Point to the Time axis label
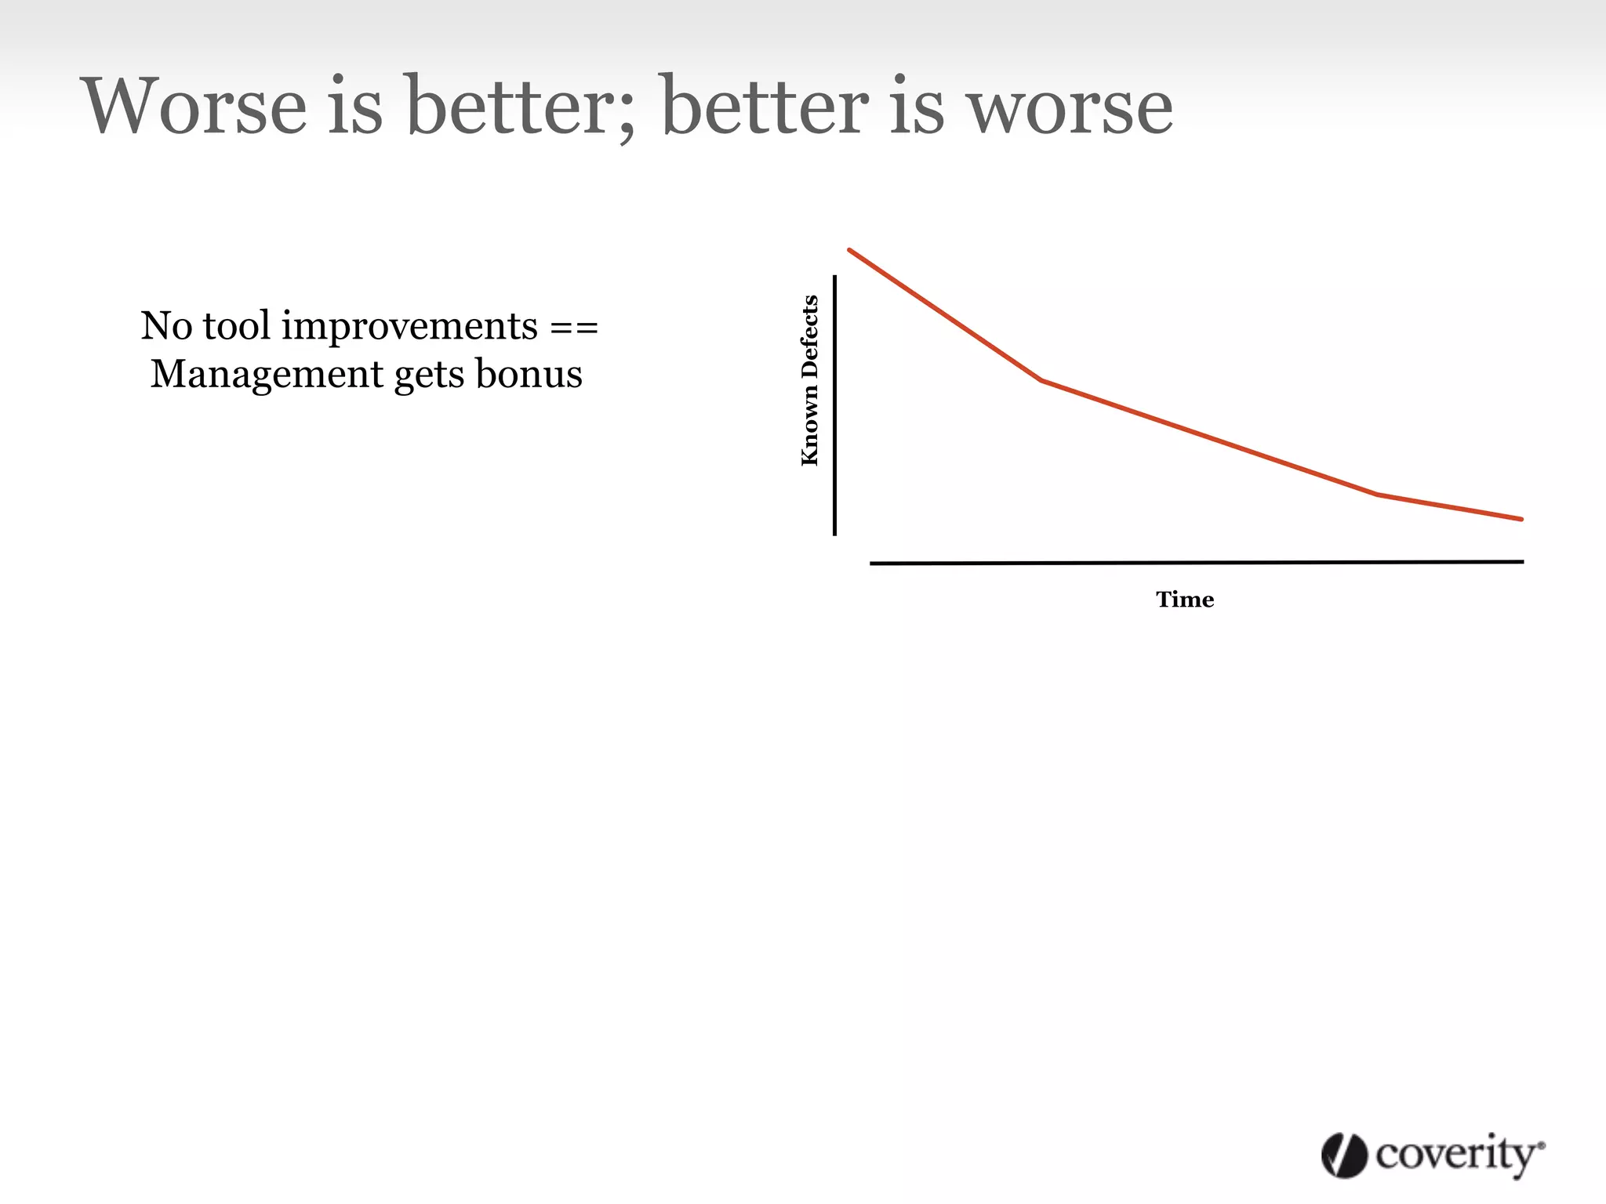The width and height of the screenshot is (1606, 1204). tap(1184, 600)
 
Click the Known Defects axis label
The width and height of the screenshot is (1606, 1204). tap(810, 380)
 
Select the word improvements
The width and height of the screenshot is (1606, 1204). tap(409, 327)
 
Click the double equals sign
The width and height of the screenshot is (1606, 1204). tap(573, 327)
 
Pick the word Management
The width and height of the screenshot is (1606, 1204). tap(267, 375)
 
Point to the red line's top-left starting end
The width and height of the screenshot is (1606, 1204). tap(850, 251)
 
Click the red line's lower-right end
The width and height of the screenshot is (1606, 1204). tap(1521, 519)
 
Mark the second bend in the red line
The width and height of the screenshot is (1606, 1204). tap(1377, 494)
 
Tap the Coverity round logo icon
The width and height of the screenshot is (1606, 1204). tap(1344, 1155)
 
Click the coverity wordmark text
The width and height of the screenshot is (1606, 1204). tap(1457, 1155)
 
